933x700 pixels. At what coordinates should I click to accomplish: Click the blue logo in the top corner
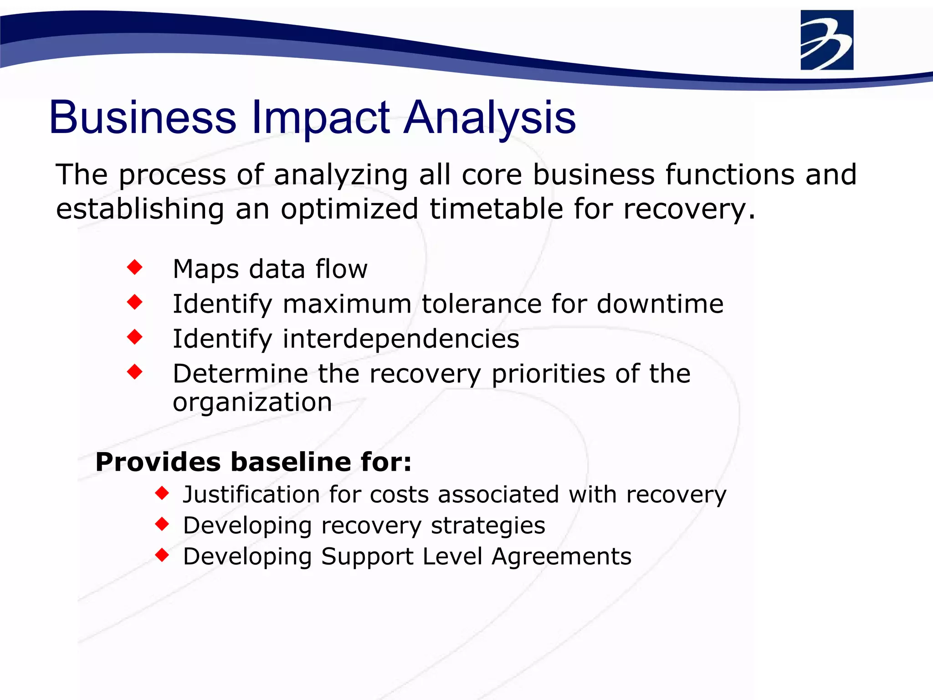coord(826,40)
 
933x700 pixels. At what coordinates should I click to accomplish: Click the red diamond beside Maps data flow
coord(135,267)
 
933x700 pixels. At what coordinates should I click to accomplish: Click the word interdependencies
coord(401,339)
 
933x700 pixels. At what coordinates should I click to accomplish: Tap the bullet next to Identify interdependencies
coord(135,337)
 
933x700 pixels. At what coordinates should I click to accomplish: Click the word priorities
coord(548,374)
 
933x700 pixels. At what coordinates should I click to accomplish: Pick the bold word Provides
coord(158,462)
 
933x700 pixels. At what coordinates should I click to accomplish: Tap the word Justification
coord(251,495)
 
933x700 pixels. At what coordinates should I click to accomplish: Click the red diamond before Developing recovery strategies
coord(162,524)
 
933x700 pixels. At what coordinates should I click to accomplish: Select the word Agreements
coord(561,557)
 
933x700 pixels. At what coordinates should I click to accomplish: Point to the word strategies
coord(488,526)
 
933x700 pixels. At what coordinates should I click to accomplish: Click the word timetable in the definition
coord(496,209)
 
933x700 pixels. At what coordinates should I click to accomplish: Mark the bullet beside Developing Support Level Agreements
coord(162,555)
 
